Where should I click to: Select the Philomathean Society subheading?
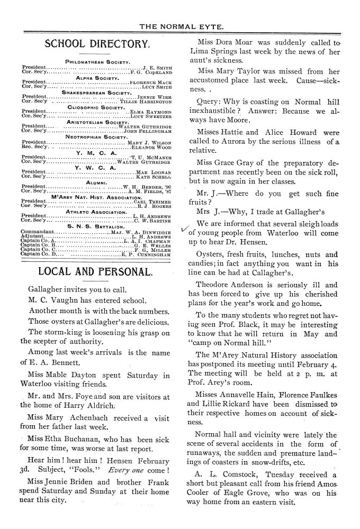coord(97,62)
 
